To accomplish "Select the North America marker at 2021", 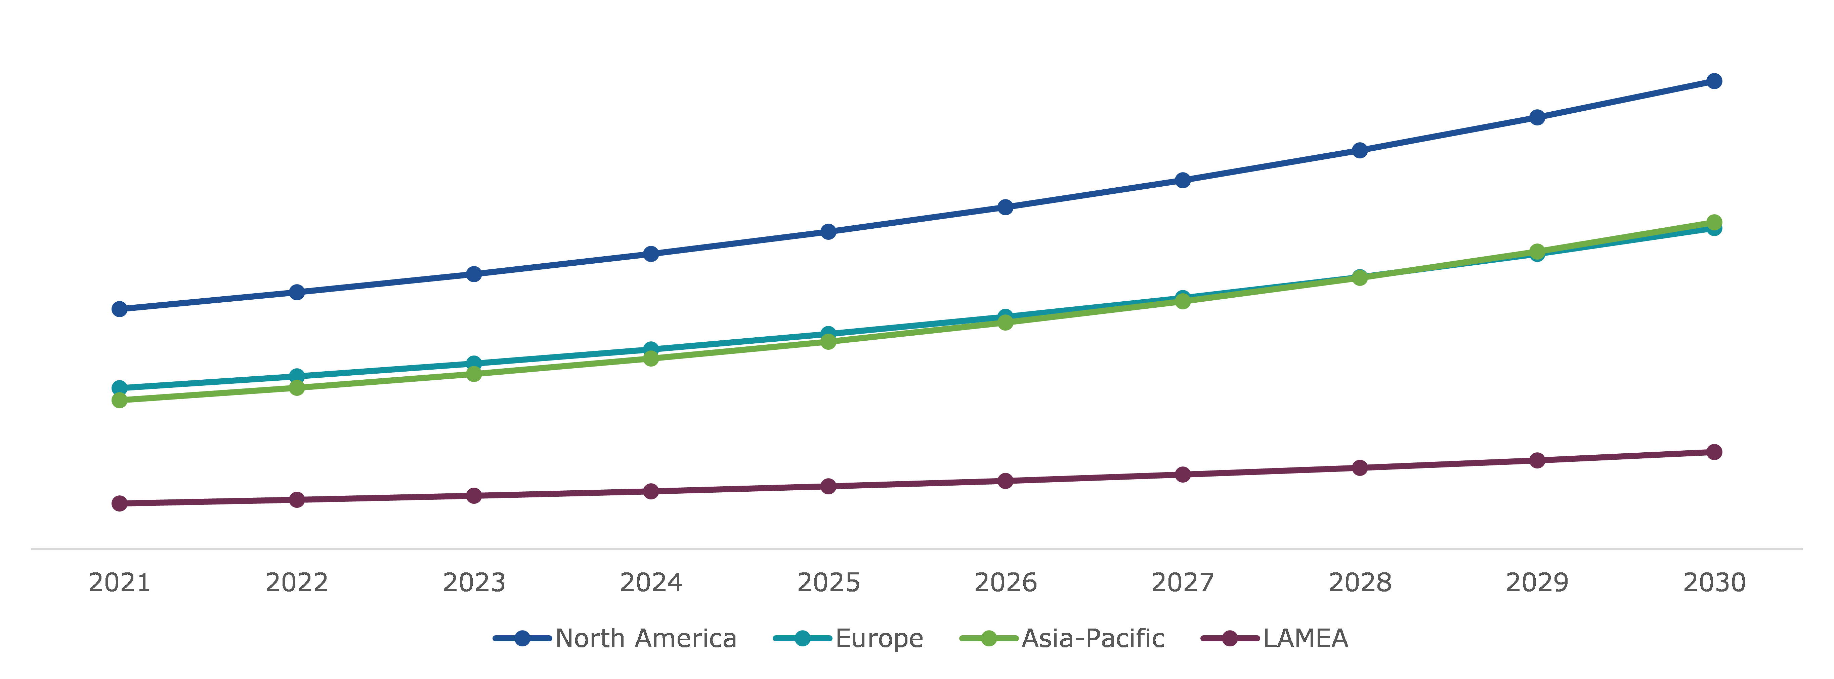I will (120, 308).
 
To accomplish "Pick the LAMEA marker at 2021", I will (120, 503).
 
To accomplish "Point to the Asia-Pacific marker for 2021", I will (120, 401).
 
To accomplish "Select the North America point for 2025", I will (828, 232).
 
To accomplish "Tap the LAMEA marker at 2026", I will (1005, 481).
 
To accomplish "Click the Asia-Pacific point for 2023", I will (474, 373).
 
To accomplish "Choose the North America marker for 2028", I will (1360, 150).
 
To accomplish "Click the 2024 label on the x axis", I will (651, 583).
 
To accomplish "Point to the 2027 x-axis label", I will (1183, 583).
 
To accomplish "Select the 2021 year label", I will (120, 583).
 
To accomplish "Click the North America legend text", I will (646, 638).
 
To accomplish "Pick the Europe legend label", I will (879, 638).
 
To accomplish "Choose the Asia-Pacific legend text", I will (1093, 638).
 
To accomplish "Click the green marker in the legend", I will (989, 638).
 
